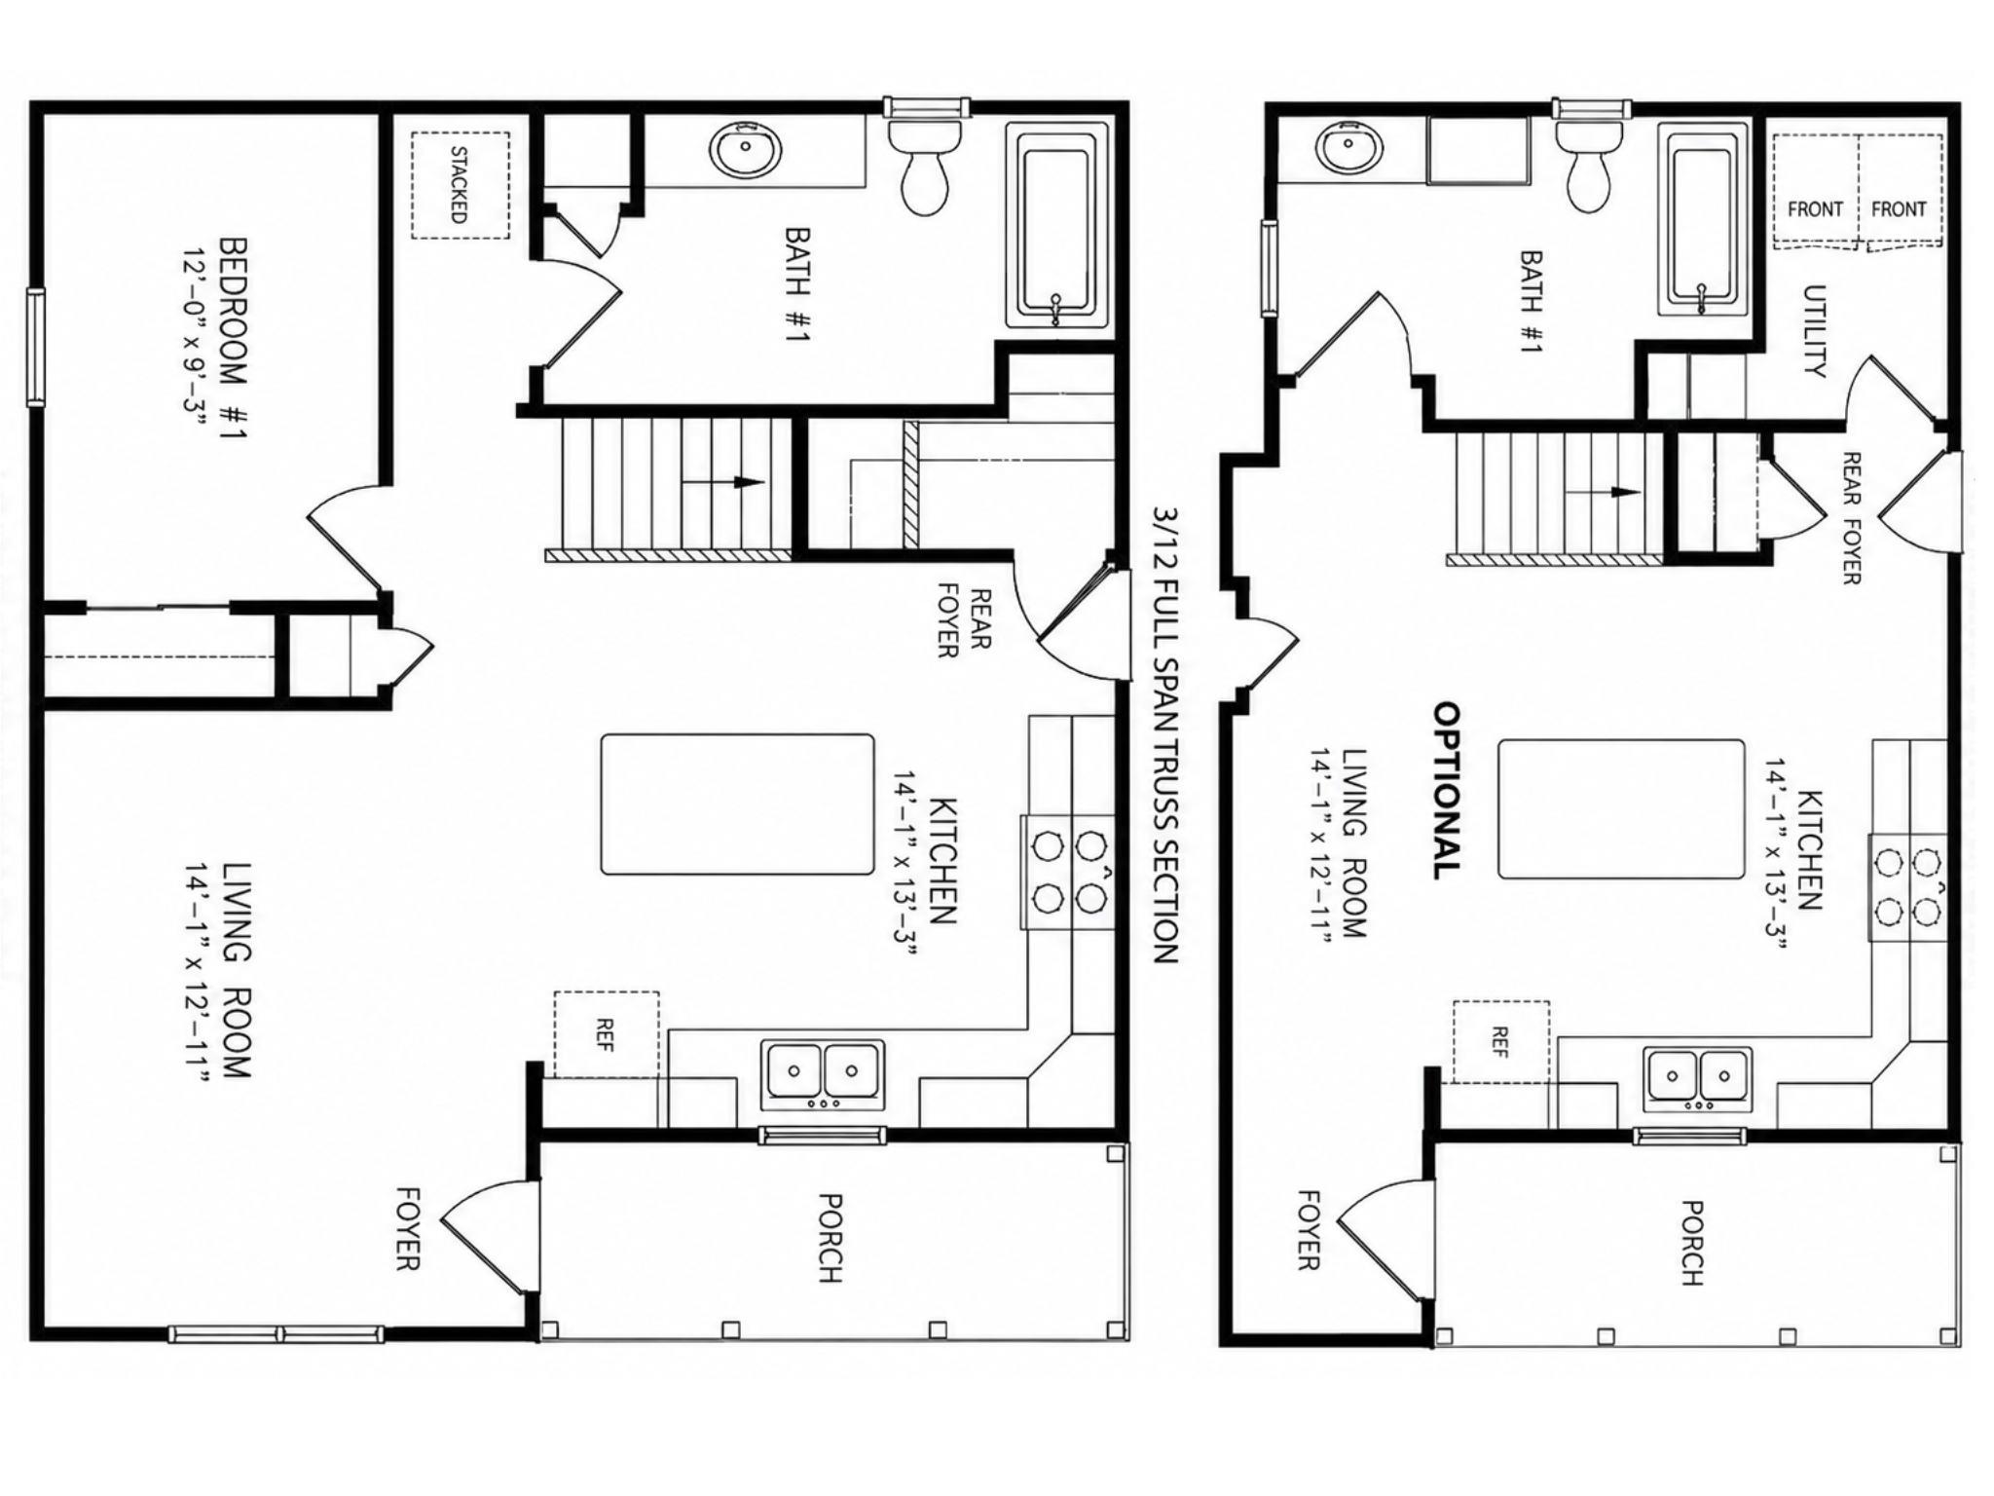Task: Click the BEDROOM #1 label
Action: coord(232,337)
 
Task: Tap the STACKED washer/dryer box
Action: coord(460,185)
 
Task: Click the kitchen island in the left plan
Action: coord(737,804)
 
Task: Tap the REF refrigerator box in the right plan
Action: coord(1501,1040)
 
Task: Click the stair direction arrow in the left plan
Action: coord(721,481)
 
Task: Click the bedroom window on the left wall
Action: coord(35,347)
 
